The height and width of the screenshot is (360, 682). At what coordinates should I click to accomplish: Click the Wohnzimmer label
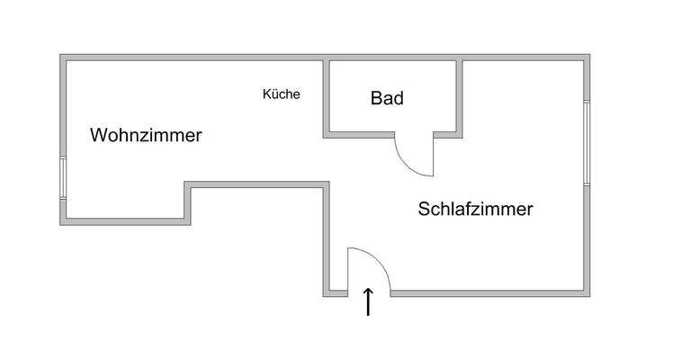coord(146,136)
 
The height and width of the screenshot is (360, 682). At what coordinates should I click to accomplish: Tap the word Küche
coord(281,94)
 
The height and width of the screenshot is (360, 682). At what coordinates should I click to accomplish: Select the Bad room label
coord(387,98)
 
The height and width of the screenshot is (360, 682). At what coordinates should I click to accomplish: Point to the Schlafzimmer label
coord(475,209)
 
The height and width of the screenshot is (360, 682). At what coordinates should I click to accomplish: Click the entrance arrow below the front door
coord(367,302)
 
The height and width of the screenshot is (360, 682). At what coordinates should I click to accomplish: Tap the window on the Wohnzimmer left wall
coord(63,179)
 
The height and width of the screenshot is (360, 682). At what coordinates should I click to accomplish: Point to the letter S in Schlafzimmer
coord(424,209)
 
